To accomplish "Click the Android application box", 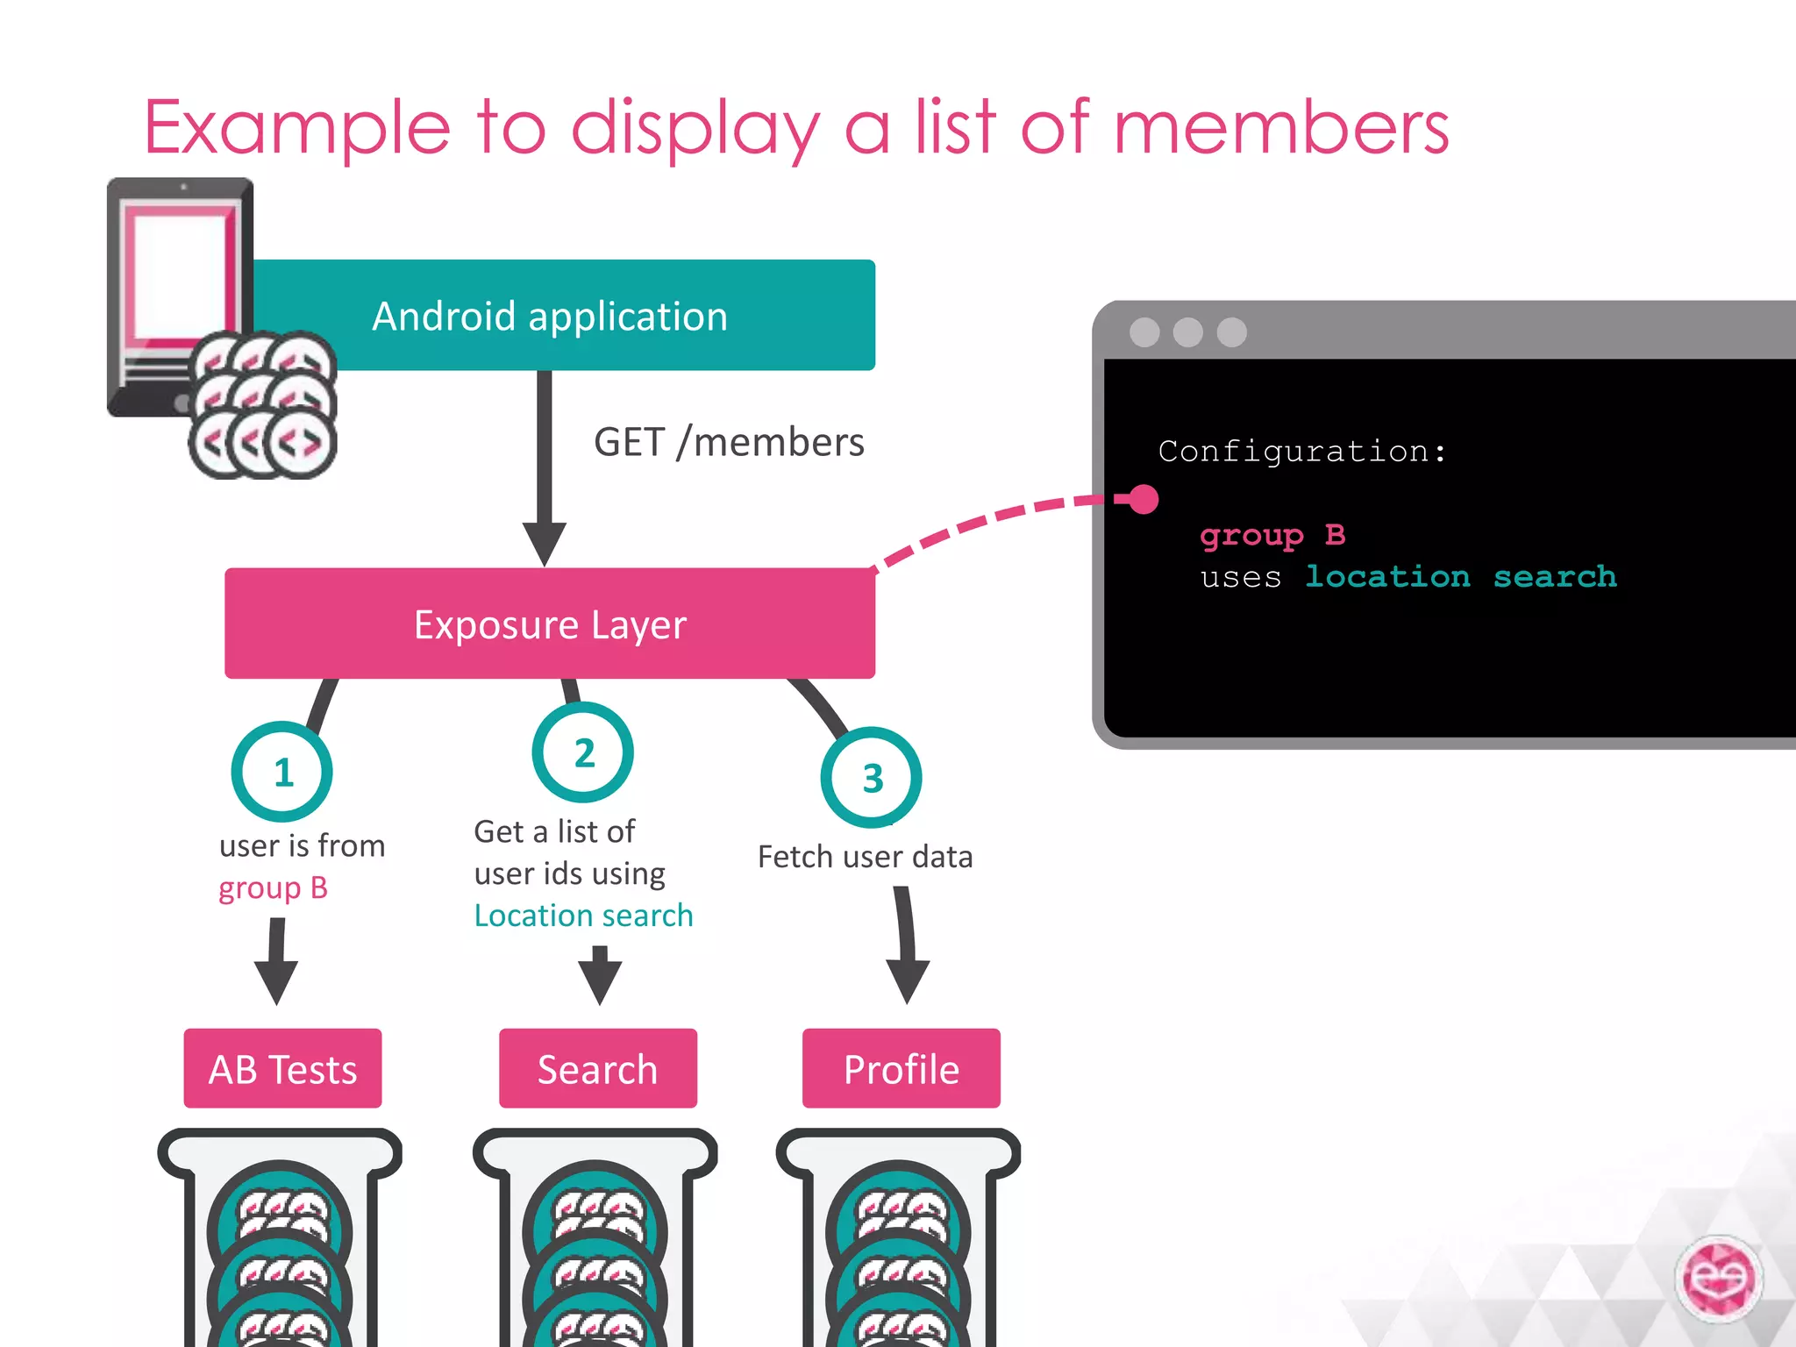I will click(561, 316).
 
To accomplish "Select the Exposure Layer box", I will click(550, 624).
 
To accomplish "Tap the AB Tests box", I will click(282, 1069).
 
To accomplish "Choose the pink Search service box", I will click(597, 1069).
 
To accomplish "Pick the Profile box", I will click(901, 1069).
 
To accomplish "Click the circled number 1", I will click(282, 773).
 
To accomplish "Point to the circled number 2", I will click(583, 752).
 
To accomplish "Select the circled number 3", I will click(872, 778).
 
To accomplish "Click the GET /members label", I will click(729, 442).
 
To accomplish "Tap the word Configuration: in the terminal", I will click(1301, 451).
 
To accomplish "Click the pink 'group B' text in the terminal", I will click(1272, 534).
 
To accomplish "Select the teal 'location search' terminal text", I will click(1461, 576).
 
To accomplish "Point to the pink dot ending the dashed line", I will click(1144, 499).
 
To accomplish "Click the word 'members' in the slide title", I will click(1280, 128).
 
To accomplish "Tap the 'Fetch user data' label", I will click(865, 857).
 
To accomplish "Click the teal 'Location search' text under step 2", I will click(583, 916).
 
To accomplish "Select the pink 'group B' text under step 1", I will click(273, 888).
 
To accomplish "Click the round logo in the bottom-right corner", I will click(1720, 1279).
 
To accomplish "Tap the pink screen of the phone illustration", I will click(180, 272).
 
